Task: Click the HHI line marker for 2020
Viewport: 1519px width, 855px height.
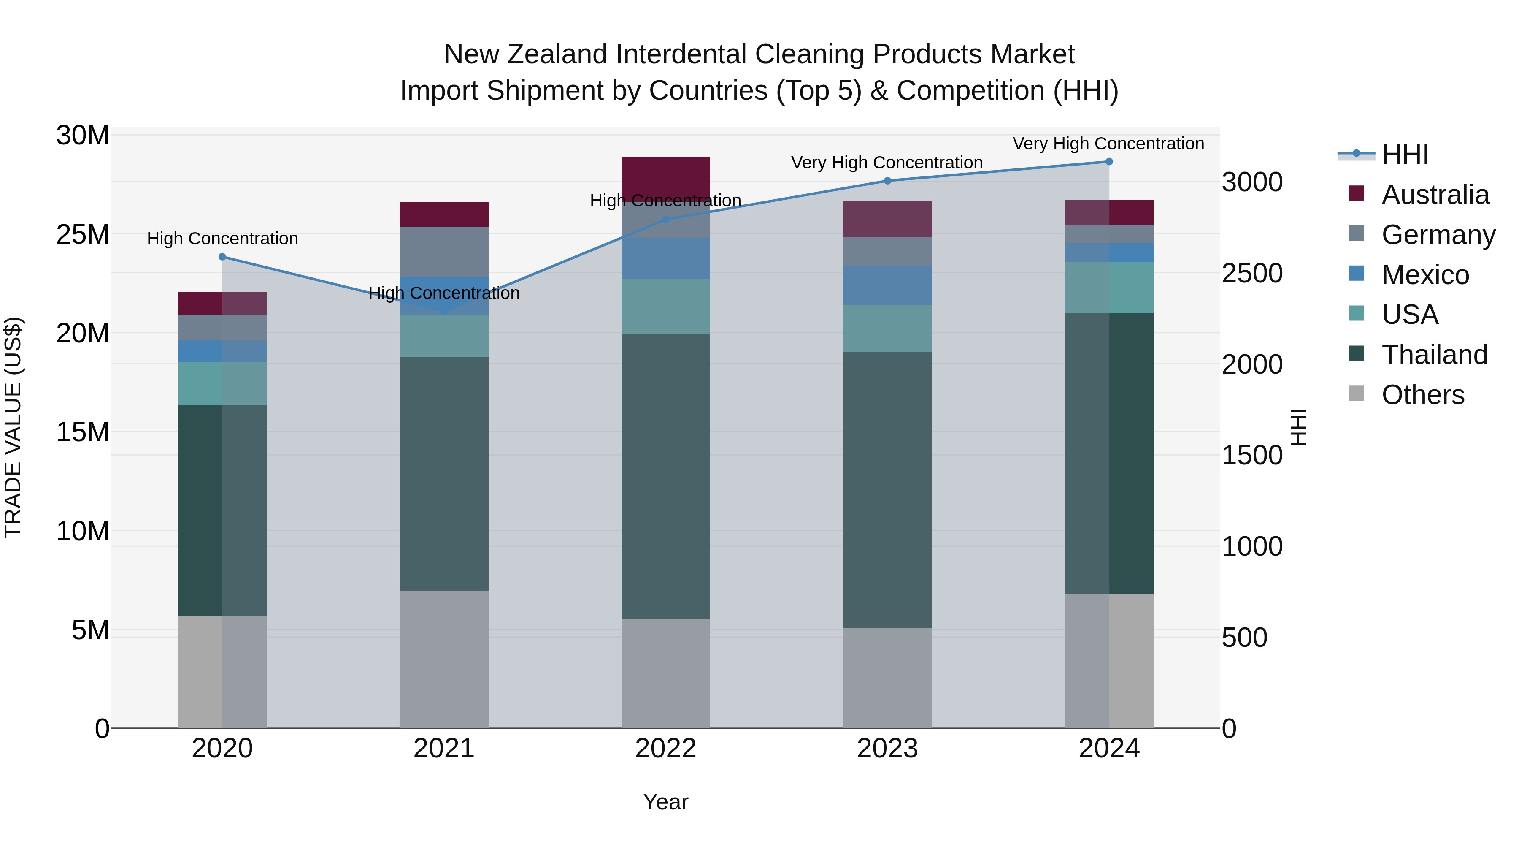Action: (222, 257)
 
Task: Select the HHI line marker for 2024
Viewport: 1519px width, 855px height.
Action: (1108, 162)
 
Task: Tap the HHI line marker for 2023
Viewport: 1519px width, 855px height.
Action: (887, 181)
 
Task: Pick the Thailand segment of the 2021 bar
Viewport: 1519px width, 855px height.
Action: (443, 473)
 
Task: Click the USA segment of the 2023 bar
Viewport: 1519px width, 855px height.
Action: (887, 328)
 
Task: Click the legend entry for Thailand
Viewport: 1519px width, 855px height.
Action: (1434, 355)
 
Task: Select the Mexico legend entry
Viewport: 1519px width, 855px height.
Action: (1424, 275)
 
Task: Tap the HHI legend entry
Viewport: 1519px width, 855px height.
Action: (1405, 155)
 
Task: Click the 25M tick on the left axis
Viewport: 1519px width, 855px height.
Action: (83, 235)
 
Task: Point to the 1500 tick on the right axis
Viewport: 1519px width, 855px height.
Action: (1251, 456)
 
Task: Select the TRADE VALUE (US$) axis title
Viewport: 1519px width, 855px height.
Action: (13, 427)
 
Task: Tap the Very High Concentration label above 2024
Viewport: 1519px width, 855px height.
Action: (1108, 144)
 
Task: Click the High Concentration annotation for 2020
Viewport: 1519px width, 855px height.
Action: (222, 239)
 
